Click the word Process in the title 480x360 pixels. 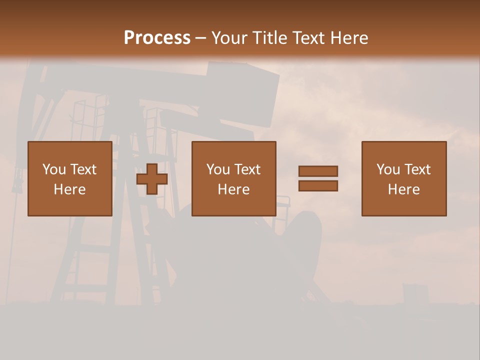click(x=157, y=37)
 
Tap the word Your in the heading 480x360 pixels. click(x=230, y=37)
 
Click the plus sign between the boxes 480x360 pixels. click(x=152, y=179)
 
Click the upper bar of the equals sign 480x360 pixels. click(x=318, y=171)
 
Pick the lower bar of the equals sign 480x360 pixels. click(x=318, y=186)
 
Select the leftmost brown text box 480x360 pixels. click(x=69, y=178)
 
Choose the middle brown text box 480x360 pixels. click(x=233, y=178)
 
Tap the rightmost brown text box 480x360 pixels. click(x=403, y=178)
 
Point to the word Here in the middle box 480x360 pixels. click(x=233, y=189)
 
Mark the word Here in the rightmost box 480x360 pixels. click(x=403, y=189)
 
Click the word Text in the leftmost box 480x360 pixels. click(x=83, y=169)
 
